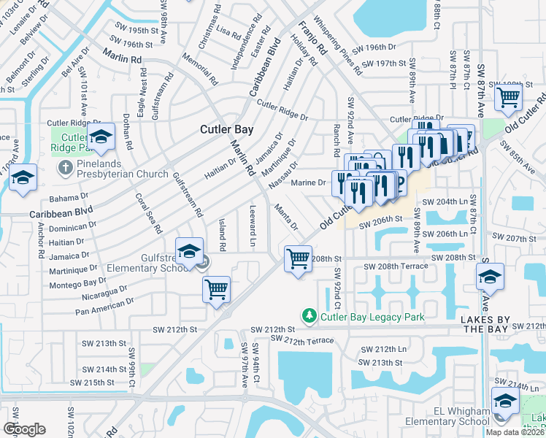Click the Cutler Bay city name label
pos(227,129)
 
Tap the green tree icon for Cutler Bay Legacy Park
pos(309,316)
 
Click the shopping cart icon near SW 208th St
pos(298,258)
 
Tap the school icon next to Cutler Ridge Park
pos(101,137)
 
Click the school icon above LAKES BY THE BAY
pos(489,277)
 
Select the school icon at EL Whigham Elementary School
pos(504,401)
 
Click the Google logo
pos(24,429)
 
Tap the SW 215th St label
pos(92,383)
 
